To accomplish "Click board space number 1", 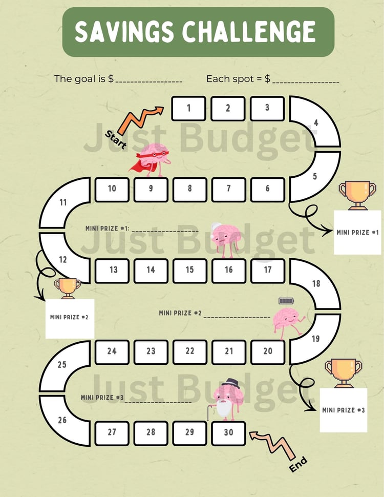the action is point(189,109).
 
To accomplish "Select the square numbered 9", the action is point(151,190).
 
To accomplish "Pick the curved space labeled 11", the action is point(60,202).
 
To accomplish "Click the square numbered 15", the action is point(190,271).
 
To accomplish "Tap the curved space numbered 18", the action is point(320,284).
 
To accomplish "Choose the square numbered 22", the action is point(190,352).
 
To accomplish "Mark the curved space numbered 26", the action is point(60,421).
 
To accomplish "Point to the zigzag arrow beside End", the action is point(273,444).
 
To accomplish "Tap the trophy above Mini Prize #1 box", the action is point(357,195).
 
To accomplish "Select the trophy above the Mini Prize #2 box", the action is point(68,288).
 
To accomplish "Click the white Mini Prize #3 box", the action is point(344,410).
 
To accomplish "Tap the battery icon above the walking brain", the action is point(286,300).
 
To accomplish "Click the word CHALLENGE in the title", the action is point(249,32).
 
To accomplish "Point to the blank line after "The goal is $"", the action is point(149,82).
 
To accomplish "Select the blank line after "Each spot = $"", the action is point(306,82).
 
